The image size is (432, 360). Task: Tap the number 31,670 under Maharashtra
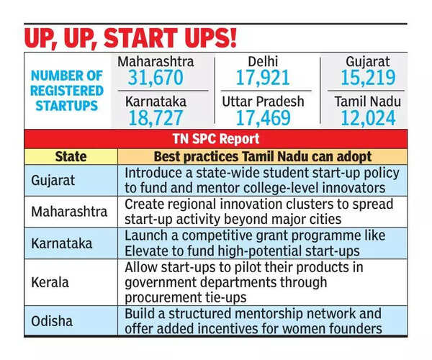[x=156, y=78]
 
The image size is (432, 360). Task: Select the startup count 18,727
[x=156, y=117]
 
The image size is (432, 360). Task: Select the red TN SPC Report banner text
[x=215, y=140]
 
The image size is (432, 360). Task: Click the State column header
[x=71, y=156]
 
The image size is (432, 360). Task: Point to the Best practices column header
[x=262, y=156]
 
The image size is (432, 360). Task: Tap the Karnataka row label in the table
[x=62, y=243]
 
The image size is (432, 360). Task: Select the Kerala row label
[x=50, y=282]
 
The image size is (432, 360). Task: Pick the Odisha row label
[x=51, y=320]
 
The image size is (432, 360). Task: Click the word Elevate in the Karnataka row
[x=149, y=251]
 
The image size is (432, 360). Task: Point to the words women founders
[x=339, y=328]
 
